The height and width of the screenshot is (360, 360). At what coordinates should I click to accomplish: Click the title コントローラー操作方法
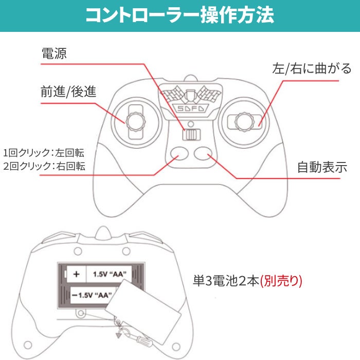(179, 15)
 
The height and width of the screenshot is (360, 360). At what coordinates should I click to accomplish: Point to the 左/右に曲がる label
(312, 68)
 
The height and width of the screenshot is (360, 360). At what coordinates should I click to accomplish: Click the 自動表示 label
(322, 167)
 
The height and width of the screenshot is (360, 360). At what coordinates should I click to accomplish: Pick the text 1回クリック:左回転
(44, 153)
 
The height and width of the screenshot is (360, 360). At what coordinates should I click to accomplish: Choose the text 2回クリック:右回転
(44, 166)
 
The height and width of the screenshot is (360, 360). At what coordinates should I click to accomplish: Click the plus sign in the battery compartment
(76, 274)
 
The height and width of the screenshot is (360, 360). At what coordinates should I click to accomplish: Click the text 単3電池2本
(226, 281)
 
